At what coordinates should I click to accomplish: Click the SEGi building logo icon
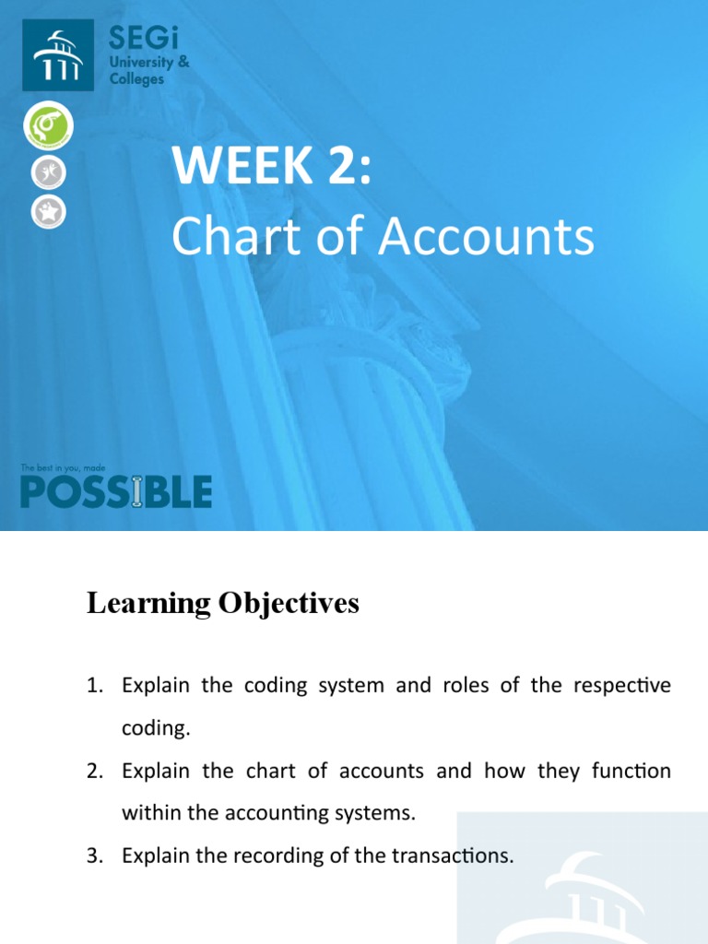click(57, 56)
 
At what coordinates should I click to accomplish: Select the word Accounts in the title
click(487, 237)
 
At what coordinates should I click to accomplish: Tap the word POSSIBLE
click(116, 491)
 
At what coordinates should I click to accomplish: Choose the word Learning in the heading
click(145, 604)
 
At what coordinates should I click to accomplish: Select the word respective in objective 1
click(622, 687)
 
